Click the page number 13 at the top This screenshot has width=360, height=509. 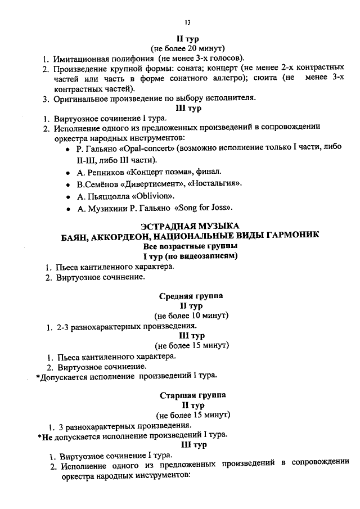[188, 22]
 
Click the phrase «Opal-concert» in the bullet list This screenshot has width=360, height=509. [130, 150]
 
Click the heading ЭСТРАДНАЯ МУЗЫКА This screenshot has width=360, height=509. [190, 225]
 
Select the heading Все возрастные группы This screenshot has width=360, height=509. [190, 246]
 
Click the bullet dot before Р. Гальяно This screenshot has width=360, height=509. [68, 150]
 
